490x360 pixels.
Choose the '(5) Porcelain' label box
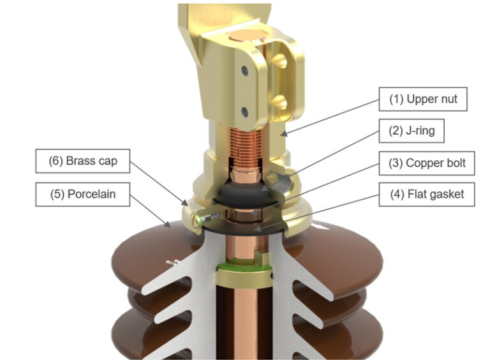pos(82,194)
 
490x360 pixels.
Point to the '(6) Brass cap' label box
pos(82,161)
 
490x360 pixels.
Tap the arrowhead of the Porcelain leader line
pos(167,225)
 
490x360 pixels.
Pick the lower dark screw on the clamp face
pos(245,112)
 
